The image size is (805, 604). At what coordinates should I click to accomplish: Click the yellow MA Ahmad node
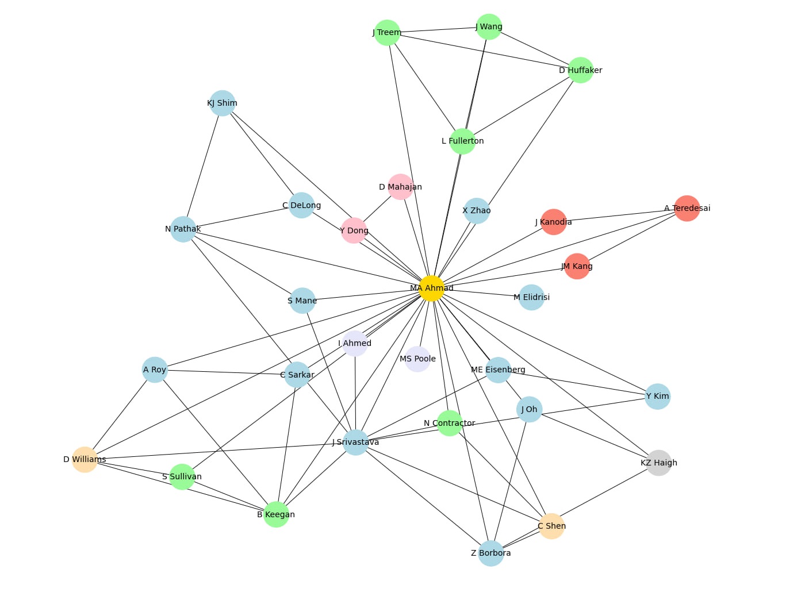(431, 288)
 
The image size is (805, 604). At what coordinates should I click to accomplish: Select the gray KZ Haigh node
(659, 463)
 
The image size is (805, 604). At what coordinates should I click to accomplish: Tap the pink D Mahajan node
(401, 187)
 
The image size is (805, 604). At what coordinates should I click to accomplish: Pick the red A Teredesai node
(687, 208)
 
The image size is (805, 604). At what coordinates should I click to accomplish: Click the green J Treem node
(387, 32)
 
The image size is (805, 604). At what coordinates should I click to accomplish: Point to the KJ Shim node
(223, 103)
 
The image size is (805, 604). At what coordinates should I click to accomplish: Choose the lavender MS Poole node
(417, 359)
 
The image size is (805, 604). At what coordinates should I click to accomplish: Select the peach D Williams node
(85, 459)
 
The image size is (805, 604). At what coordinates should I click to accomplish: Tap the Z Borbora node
(491, 553)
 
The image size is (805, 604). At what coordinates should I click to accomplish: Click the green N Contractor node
(450, 423)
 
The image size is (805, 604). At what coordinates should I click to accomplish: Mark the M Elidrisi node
(531, 297)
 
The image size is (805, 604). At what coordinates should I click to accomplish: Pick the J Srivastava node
(356, 442)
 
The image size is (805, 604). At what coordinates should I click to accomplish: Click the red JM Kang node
(577, 266)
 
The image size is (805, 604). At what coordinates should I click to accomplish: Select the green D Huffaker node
(581, 70)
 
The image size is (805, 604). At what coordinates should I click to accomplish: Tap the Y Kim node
(657, 396)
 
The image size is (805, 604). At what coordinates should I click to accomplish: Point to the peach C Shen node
(551, 526)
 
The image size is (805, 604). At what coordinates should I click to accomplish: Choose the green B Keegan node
(276, 514)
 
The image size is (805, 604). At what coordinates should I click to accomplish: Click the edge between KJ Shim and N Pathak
(203, 166)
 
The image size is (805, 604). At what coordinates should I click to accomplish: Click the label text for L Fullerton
(463, 141)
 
